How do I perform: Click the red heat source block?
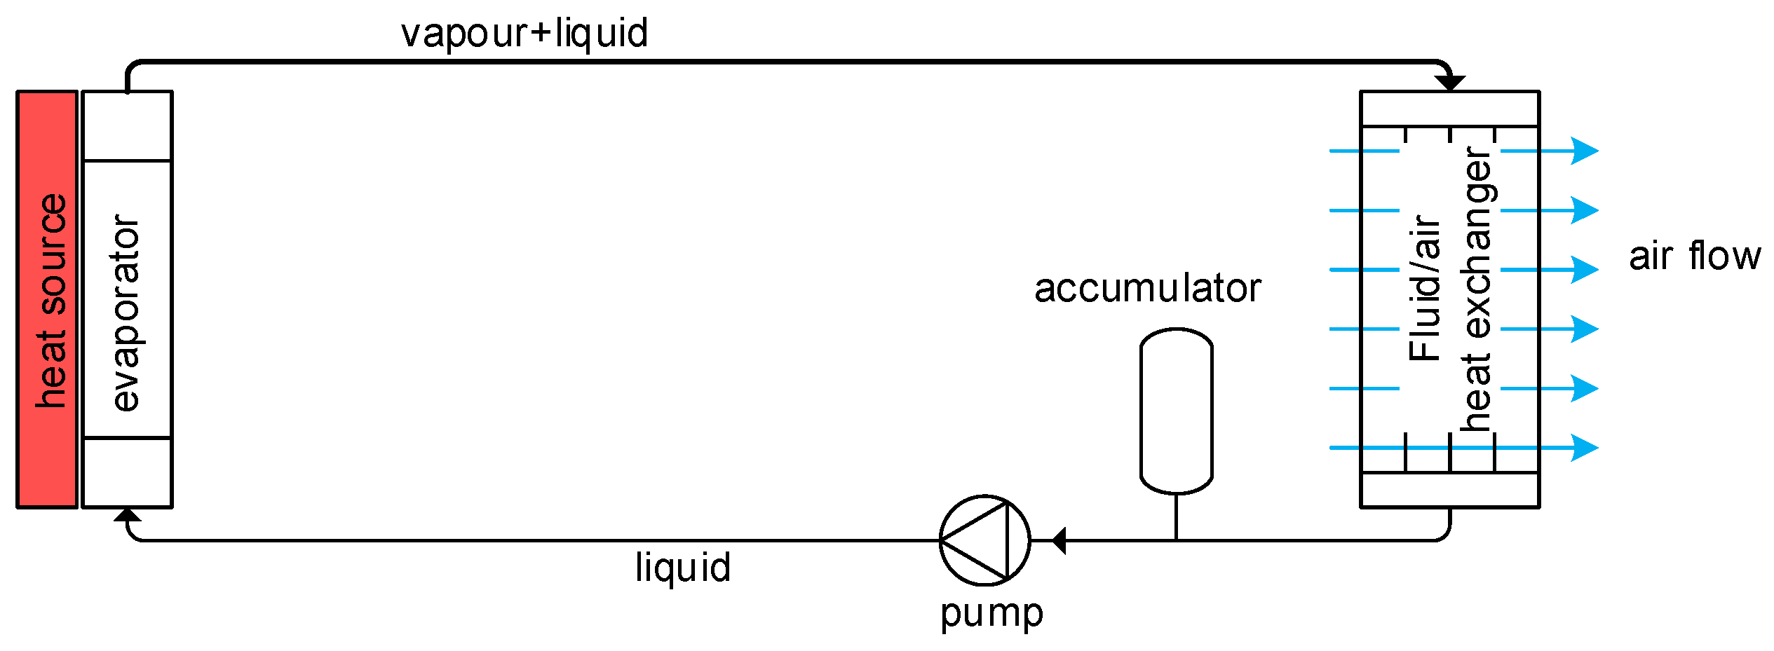click(47, 299)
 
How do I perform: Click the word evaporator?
click(127, 313)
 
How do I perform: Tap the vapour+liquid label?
click(524, 34)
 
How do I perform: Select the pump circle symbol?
click(984, 540)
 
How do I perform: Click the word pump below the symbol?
click(991, 614)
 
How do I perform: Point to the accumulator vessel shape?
click(1176, 412)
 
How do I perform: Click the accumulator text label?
click(1147, 289)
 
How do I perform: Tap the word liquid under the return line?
click(683, 567)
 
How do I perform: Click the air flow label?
click(1694, 256)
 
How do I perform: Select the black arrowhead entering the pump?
click(1059, 540)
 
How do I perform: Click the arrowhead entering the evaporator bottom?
click(128, 515)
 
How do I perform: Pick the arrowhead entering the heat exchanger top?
click(1450, 83)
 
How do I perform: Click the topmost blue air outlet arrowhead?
click(1585, 151)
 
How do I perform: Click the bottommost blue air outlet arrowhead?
click(1585, 447)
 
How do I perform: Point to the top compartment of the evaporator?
click(127, 127)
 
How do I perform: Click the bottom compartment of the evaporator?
click(127, 472)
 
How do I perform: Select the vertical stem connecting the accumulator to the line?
click(1176, 517)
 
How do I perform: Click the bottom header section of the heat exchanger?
click(1450, 489)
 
